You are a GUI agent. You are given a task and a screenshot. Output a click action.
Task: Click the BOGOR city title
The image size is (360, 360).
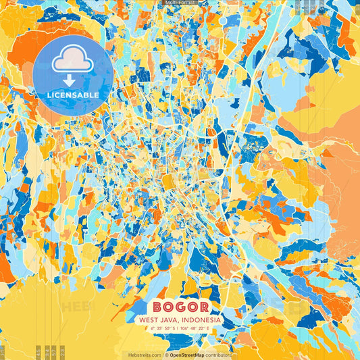180,306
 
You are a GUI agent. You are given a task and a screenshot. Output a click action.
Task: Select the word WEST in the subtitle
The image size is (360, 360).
150,319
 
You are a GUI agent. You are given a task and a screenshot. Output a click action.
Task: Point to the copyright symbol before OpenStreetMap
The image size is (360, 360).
166,355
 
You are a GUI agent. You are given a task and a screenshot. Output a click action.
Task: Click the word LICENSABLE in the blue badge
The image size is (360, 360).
72,95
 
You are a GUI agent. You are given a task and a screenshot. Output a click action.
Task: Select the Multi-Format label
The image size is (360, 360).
180,3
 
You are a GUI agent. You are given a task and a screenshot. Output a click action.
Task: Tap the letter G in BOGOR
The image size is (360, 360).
180,306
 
